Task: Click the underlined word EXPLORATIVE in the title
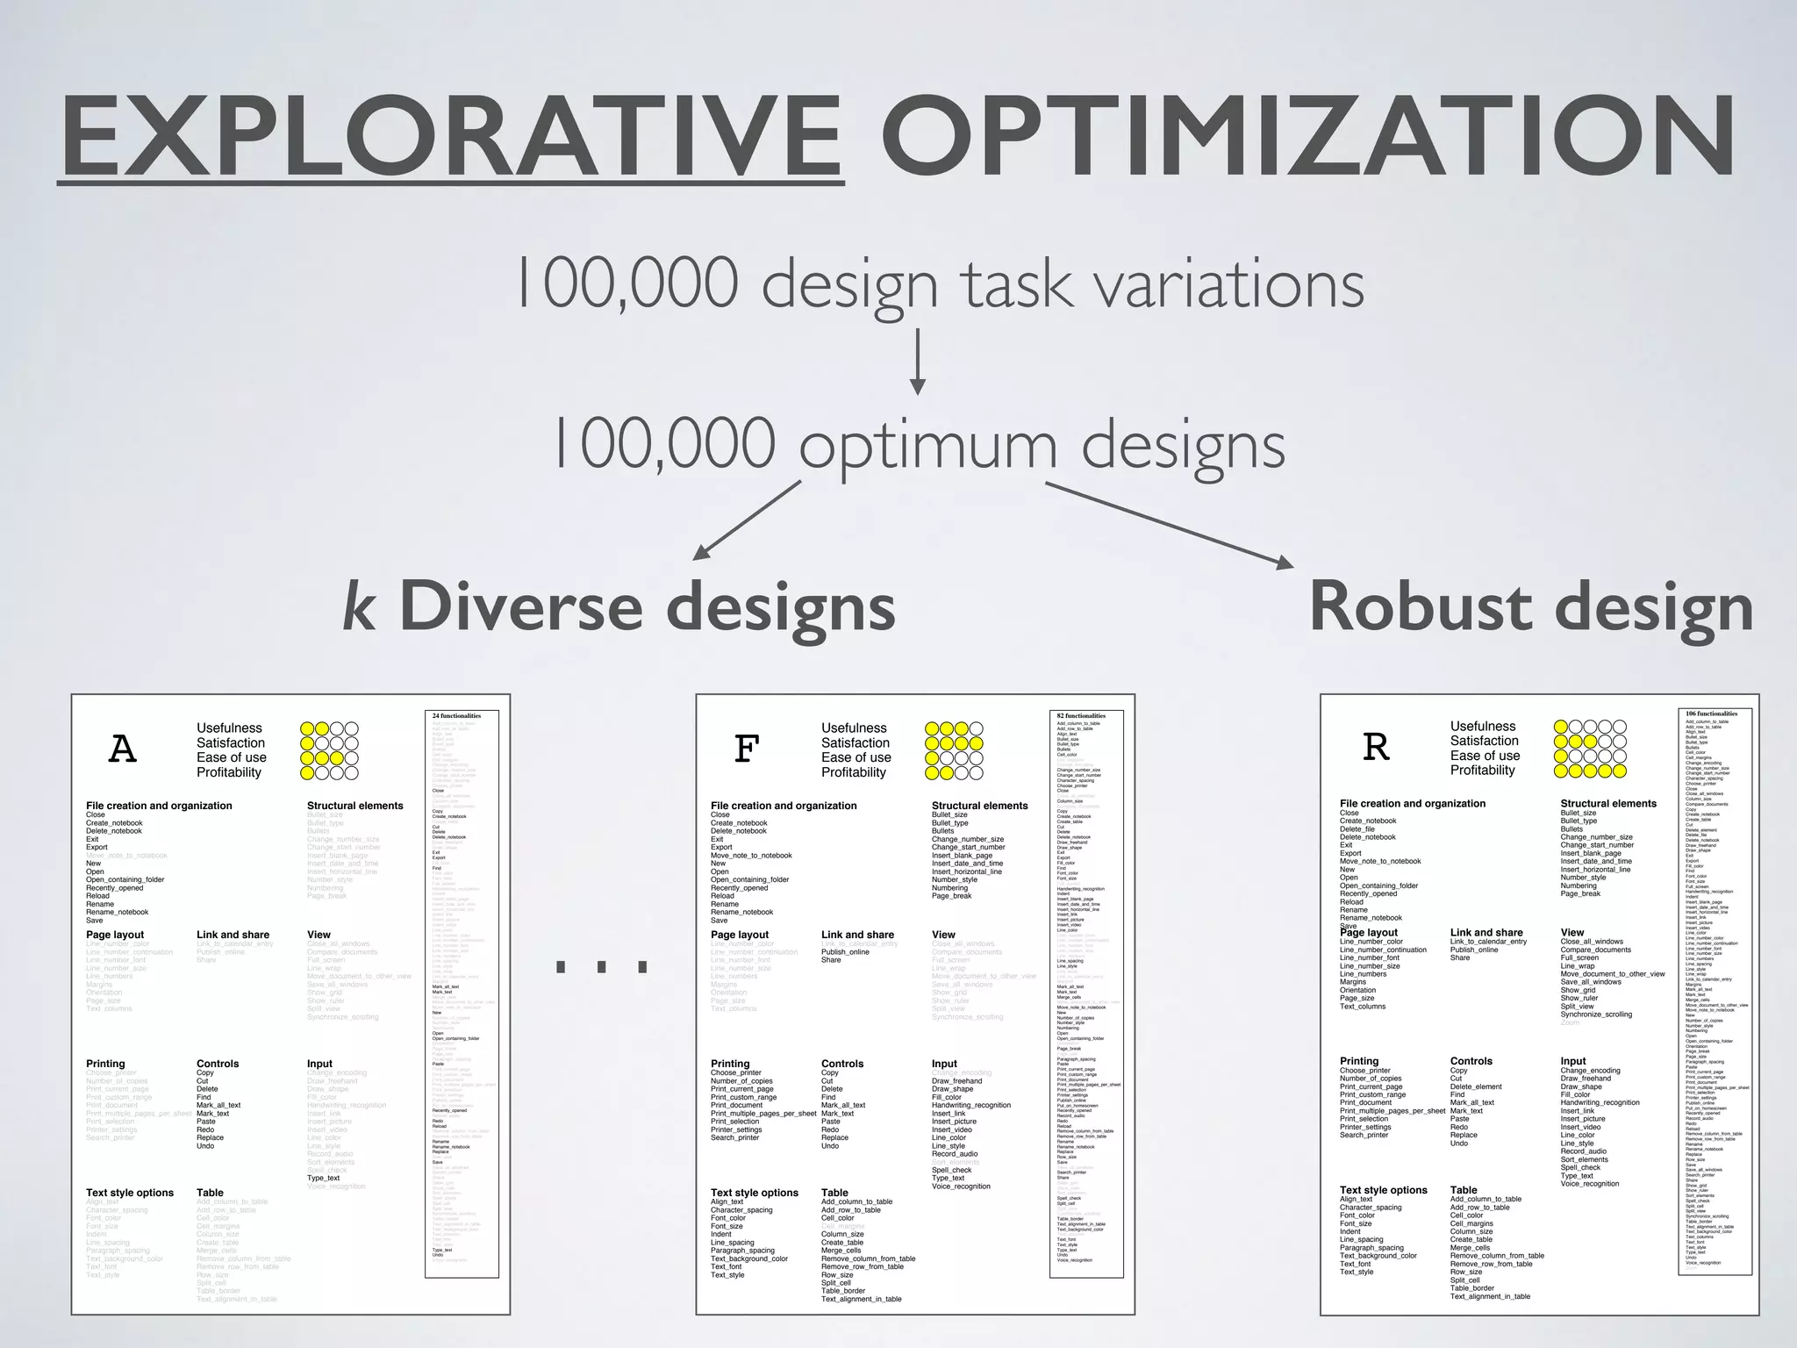tap(451, 135)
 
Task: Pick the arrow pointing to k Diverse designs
tap(747, 520)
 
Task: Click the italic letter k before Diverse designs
tap(359, 606)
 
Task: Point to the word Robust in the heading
tap(1421, 606)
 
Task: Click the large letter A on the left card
tap(123, 749)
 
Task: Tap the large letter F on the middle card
tap(746, 749)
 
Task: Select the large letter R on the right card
tap(1376, 747)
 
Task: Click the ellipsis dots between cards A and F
tap(602, 966)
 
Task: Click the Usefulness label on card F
tap(854, 728)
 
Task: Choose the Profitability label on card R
tap(1482, 770)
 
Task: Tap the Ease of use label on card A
tap(232, 757)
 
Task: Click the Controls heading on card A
tap(218, 1064)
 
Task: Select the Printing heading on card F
tap(730, 1064)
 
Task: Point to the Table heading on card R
tap(1464, 1190)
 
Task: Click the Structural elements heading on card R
tap(1608, 803)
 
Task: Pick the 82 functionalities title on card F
tap(1081, 716)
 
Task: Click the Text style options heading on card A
tap(130, 1193)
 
